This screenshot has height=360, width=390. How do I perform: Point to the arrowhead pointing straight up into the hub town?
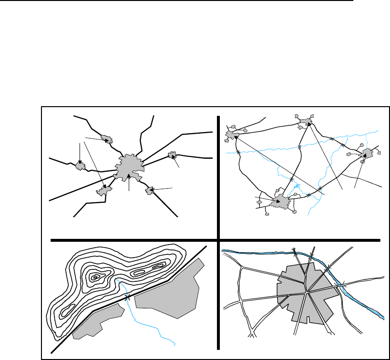tap(129, 177)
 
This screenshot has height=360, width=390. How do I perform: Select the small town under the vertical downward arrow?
tap(80, 166)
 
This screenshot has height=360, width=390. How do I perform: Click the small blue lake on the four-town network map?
tap(296, 186)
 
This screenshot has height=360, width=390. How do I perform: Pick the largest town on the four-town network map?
tap(280, 203)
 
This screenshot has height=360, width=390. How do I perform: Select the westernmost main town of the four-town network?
tap(232, 135)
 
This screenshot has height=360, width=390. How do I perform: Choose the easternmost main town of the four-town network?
tap(366, 154)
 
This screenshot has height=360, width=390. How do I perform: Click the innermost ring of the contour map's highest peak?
tap(96, 277)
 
